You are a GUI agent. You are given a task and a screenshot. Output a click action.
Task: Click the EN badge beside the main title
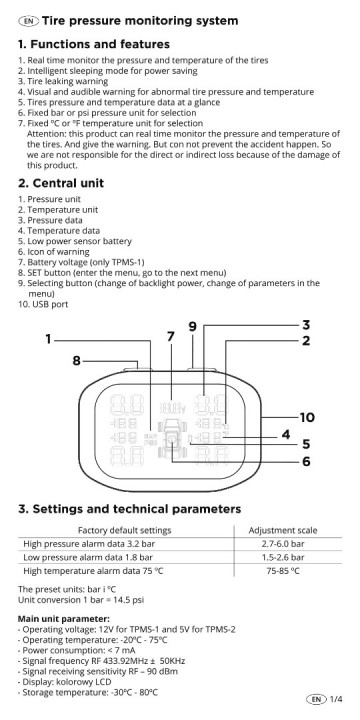pos(29,20)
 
